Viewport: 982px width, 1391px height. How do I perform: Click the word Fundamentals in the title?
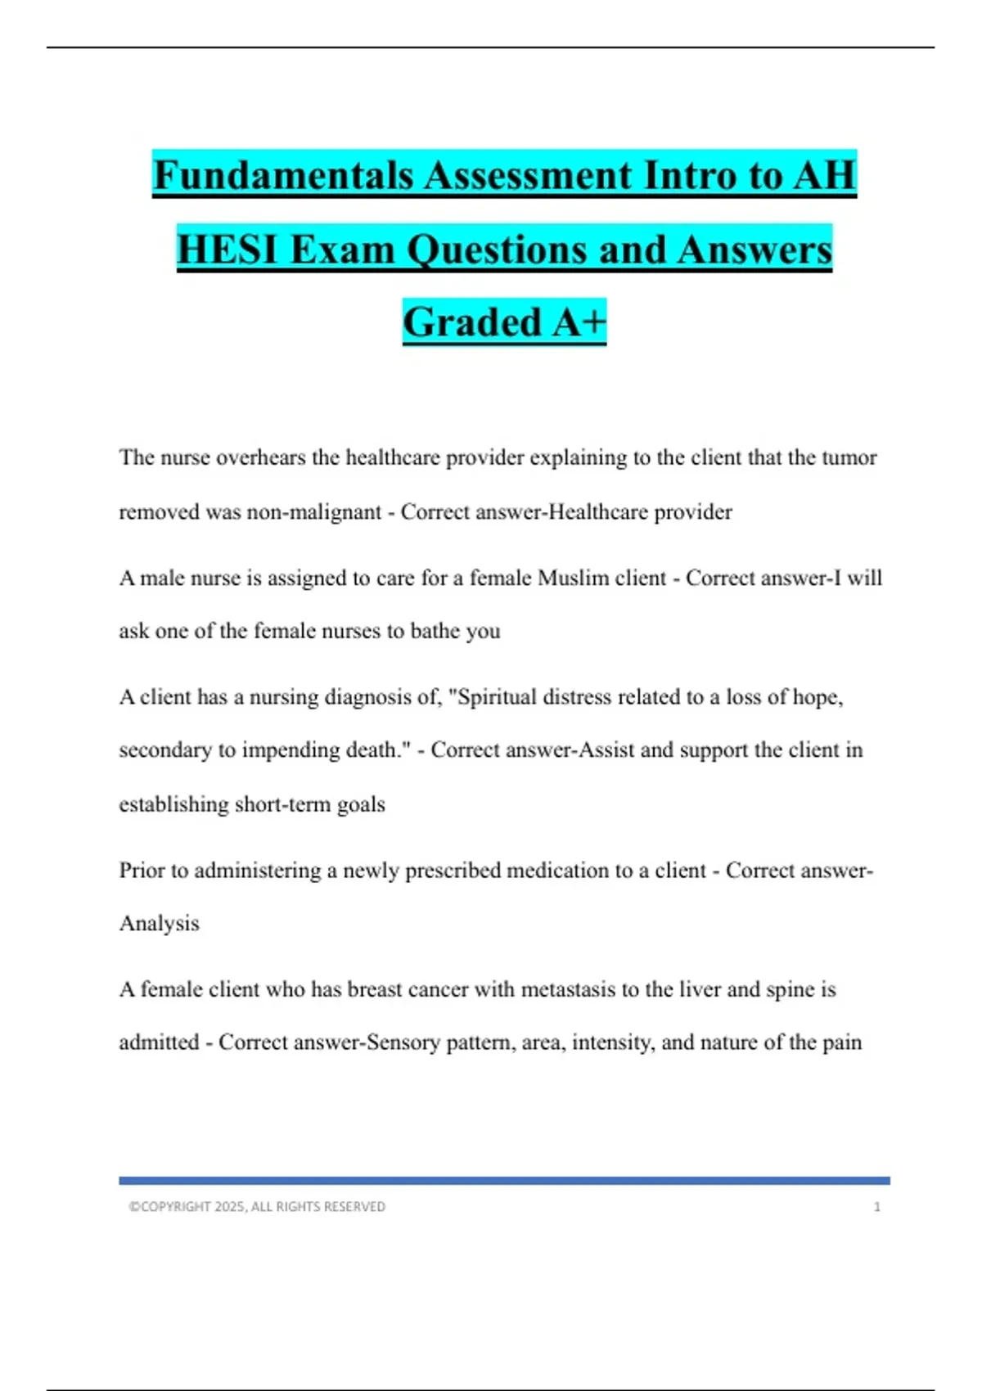[283, 176]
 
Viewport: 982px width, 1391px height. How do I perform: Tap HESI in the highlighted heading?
[227, 250]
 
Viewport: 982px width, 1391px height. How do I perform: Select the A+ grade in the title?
[579, 322]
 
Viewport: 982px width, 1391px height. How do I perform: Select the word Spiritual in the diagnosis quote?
[493, 697]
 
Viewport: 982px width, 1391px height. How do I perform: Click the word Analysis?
[160, 924]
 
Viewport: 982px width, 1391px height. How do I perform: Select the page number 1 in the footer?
[877, 1207]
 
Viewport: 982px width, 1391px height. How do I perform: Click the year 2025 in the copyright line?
[229, 1207]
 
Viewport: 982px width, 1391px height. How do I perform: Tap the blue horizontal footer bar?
[504, 1181]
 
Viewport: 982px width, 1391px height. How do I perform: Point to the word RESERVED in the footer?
[354, 1207]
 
